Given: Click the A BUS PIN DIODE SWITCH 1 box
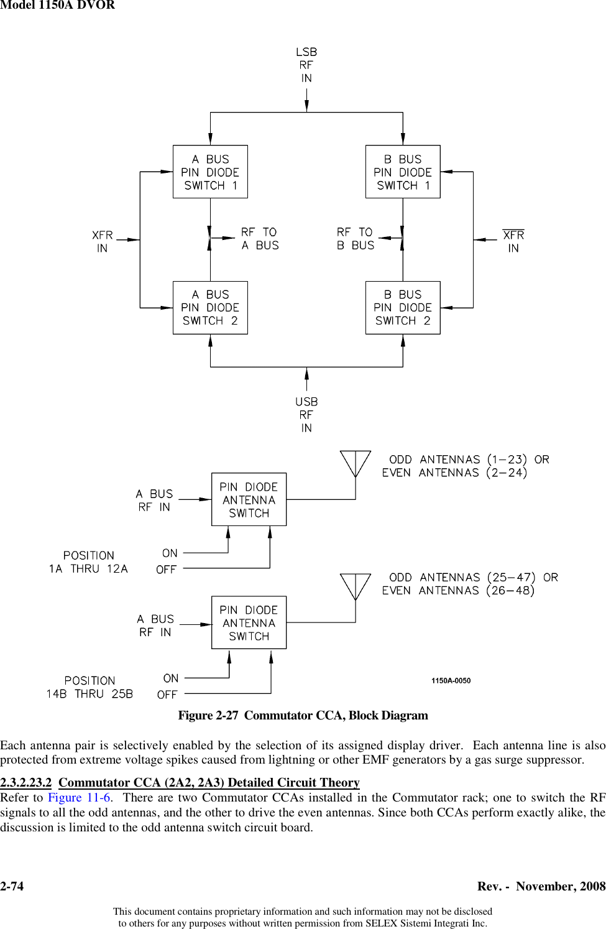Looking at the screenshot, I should point(210,172).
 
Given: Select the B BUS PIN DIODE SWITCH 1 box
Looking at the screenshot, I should point(403,172).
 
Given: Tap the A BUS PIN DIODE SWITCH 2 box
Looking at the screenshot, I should point(210,308).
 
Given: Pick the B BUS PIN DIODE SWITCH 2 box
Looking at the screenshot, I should point(403,308).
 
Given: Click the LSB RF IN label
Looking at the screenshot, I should point(306,65).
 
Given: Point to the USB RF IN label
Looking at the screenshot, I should point(306,415).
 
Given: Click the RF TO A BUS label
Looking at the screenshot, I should point(260,239).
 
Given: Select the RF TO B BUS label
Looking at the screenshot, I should point(356,239).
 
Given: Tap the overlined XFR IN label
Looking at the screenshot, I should point(513,241).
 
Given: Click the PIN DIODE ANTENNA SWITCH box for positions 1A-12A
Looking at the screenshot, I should point(249,499).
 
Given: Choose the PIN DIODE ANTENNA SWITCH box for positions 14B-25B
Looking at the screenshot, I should point(249,622).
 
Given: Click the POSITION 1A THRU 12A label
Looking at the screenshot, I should point(88,562).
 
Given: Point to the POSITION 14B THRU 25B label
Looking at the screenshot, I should point(90,687).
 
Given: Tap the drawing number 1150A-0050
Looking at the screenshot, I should point(451,681).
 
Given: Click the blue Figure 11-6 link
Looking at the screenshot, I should point(80,798).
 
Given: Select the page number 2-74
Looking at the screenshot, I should point(12,886).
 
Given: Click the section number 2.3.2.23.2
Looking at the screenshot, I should point(26,782).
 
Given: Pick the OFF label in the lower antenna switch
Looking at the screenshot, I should point(167,695).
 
